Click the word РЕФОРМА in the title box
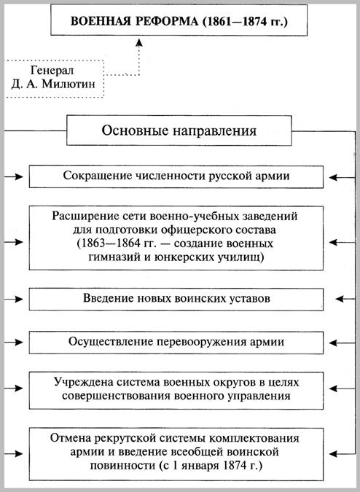click(166, 21)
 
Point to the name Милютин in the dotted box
click(68, 85)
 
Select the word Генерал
click(52, 70)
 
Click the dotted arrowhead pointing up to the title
click(139, 43)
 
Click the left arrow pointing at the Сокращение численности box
click(14, 177)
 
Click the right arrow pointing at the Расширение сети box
click(339, 242)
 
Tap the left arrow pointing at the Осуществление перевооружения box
click(14, 343)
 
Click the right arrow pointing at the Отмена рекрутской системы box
click(339, 454)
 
